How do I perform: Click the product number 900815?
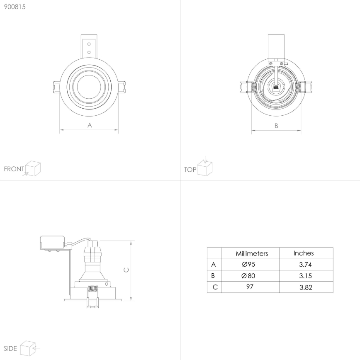pos(15,7)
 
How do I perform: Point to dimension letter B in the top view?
pos(276,126)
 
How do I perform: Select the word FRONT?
pos(14,169)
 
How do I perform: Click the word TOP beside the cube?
pos(190,170)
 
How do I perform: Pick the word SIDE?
pos(10,348)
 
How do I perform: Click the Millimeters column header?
pos(252,253)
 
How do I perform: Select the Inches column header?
pos(304,253)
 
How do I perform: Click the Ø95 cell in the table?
pos(250,265)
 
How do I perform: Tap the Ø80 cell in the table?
pos(250,276)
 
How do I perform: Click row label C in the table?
pos(214,287)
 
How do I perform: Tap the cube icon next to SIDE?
pos(27,348)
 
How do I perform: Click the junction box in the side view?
pos(53,242)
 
